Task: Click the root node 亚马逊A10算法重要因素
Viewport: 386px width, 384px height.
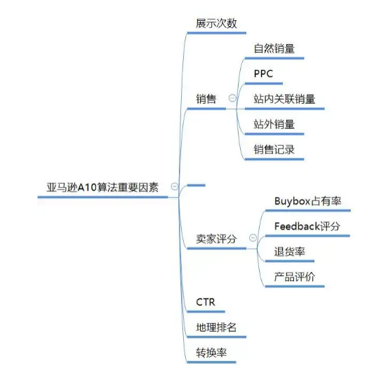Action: [98, 188]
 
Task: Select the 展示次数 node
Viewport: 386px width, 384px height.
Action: [216, 23]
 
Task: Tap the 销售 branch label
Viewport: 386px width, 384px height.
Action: [206, 99]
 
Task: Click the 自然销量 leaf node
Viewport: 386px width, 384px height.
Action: [274, 49]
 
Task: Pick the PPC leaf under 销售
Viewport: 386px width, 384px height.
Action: [265, 74]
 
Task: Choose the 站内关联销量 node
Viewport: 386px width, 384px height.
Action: [284, 99]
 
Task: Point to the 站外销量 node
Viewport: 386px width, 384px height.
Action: [274, 124]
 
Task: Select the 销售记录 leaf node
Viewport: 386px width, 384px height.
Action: [274, 149]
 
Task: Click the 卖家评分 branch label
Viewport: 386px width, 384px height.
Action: [216, 239]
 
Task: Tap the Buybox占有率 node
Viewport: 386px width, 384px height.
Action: [307, 201]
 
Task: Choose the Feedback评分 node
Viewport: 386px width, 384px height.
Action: [307, 226]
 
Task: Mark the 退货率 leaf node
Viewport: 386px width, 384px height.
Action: [289, 252]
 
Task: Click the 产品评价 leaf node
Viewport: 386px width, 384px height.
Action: [294, 277]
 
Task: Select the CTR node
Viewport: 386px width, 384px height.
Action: [206, 303]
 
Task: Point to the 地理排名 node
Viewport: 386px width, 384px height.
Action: [216, 327]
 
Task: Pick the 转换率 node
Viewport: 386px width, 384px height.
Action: [211, 352]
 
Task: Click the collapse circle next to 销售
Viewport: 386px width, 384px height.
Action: [232, 99]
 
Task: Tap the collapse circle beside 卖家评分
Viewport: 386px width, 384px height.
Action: [253, 239]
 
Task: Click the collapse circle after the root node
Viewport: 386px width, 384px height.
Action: [173, 187]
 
